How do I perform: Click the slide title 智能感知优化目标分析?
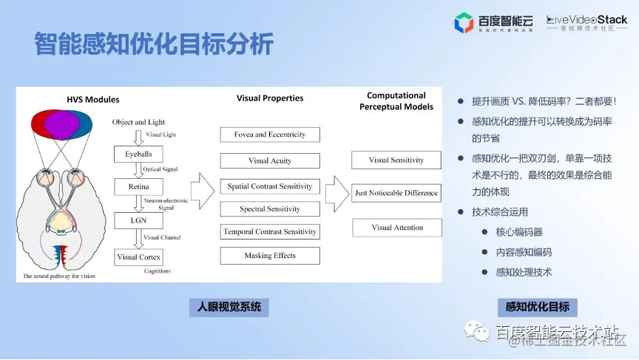pyautogui.click(x=154, y=44)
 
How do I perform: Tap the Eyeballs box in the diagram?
pyautogui.click(x=138, y=154)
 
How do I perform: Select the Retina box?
pyautogui.click(x=138, y=187)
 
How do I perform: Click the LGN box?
pyautogui.click(x=138, y=220)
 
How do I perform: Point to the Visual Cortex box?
pyautogui.click(x=138, y=257)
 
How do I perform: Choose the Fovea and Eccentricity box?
pyautogui.click(x=270, y=135)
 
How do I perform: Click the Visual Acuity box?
pyautogui.click(x=270, y=160)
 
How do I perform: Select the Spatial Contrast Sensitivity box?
pyautogui.click(x=270, y=186)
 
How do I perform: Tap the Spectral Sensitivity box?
pyautogui.click(x=270, y=209)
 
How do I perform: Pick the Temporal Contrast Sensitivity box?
pyautogui.click(x=270, y=232)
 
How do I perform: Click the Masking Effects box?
pyautogui.click(x=270, y=256)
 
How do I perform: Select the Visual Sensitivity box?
pyautogui.click(x=396, y=160)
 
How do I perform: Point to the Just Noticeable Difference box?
pyautogui.click(x=396, y=193)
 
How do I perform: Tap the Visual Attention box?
pyautogui.click(x=396, y=228)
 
